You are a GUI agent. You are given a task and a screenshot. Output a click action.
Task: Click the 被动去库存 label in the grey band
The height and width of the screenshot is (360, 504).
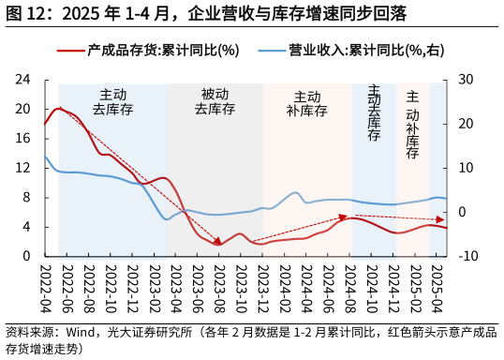(215, 101)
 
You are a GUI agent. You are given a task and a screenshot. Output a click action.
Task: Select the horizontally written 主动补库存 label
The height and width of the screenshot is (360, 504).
(306, 103)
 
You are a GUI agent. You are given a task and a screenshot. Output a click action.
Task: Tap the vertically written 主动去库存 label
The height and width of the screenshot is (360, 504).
(374, 112)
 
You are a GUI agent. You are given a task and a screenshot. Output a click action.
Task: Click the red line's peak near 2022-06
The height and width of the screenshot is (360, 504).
(59, 109)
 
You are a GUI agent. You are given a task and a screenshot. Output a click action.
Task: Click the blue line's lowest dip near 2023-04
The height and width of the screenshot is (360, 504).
(168, 219)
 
